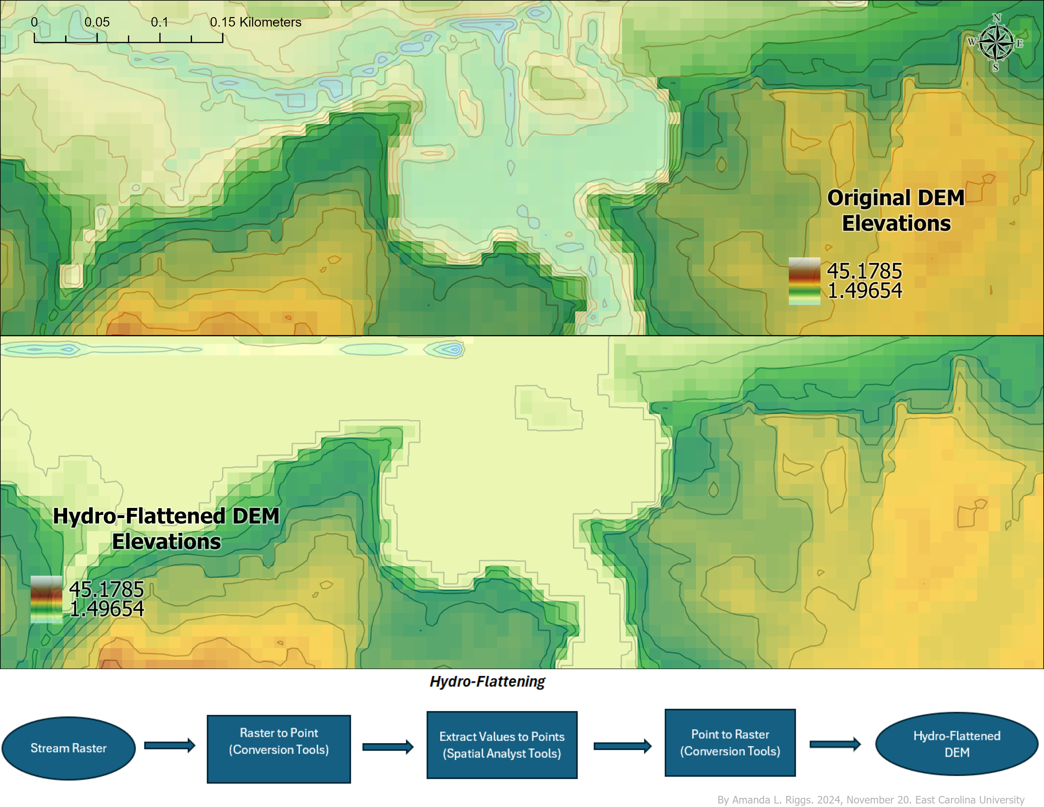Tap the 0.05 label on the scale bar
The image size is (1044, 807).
[x=97, y=22]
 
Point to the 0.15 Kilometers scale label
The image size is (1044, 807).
[x=255, y=22]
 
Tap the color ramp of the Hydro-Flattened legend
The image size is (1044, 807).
[x=47, y=599]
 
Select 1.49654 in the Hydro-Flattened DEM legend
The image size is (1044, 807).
[x=107, y=609]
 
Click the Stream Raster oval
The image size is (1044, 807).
[x=68, y=748]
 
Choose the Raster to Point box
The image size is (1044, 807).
[x=279, y=749]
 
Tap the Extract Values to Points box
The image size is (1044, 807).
[x=502, y=745]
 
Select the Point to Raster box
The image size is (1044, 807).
[x=730, y=742]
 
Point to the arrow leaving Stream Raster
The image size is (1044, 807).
[x=170, y=745]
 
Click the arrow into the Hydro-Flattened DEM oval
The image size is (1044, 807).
[x=835, y=744]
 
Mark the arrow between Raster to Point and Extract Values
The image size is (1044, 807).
[x=388, y=747]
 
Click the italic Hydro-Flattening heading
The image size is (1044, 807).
[x=487, y=681]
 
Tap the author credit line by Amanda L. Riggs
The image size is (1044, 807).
[x=871, y=800]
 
